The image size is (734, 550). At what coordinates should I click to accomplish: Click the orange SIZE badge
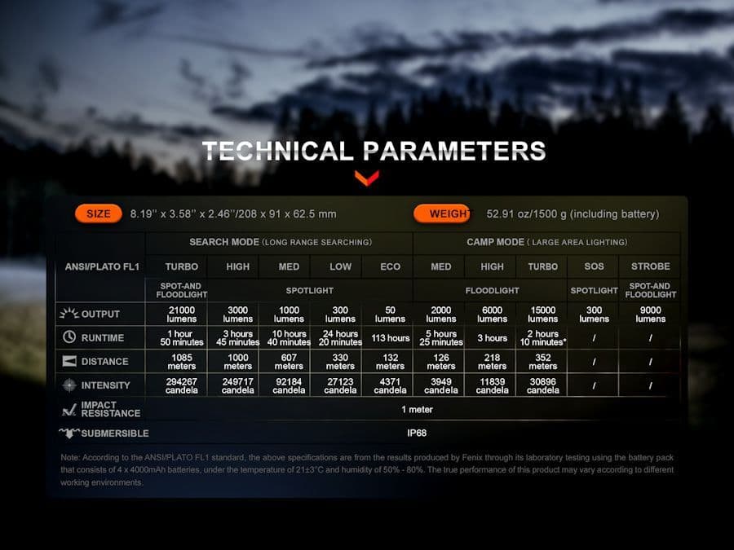(99, 213)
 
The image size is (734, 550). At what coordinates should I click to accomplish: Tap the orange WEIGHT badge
(442, 213)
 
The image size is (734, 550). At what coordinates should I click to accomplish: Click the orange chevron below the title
(366, 178)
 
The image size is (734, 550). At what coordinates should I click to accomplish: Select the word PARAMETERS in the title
(454, 151)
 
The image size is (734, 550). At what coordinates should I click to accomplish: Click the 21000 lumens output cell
(182, 315)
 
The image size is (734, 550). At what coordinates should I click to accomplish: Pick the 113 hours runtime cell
(391, 337)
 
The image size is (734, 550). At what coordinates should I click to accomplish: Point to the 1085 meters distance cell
(182, 362)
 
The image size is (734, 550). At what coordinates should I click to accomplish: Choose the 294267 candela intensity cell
(182, 386)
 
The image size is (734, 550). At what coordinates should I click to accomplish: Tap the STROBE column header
(650, 266)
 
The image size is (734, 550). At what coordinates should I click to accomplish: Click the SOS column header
(594, 266)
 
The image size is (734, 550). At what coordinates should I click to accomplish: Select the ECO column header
(391, 266)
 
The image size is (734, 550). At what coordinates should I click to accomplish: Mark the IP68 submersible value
(417, 433)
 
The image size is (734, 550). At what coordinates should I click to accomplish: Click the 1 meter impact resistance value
(417, 410)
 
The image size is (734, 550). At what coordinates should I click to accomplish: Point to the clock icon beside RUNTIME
(69, 337)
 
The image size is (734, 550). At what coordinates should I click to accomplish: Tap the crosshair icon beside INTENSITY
(69, 385)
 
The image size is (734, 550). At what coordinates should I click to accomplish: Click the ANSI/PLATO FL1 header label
(102, 267)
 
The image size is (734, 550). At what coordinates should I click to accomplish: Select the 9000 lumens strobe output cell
(650, 315)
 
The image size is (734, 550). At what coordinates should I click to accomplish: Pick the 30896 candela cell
(543, 386)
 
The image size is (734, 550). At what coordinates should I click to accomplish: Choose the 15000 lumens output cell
(543, 315)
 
